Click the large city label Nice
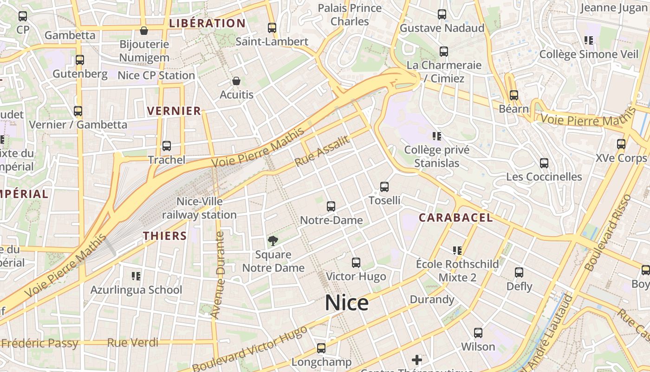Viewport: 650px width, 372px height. point(346,303)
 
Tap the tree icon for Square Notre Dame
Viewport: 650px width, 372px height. point(273,240)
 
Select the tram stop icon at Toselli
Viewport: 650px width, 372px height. point(384,187)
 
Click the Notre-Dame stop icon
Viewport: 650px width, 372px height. point(331,206)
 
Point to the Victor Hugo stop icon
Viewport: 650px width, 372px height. point(356,263)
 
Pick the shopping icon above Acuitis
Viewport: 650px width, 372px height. point(236,81)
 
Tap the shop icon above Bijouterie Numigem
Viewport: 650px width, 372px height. point(144,31)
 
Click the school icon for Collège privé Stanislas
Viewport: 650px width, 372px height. point(436,136)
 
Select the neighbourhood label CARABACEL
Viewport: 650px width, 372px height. point(455,218)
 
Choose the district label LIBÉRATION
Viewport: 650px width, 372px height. point(207,23)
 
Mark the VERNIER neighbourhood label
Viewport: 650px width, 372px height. point(174,111)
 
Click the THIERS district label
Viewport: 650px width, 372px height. point(165,236)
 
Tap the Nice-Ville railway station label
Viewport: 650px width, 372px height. point(199,208)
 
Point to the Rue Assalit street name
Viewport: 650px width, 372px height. point(322,151)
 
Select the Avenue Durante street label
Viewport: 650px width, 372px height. point(217,274)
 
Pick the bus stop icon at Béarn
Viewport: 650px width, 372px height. point(514,95)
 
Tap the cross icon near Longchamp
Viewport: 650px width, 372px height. point(417,359)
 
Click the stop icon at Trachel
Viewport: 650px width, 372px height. point(167,146)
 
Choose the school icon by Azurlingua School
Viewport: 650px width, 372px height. point(136,276)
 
